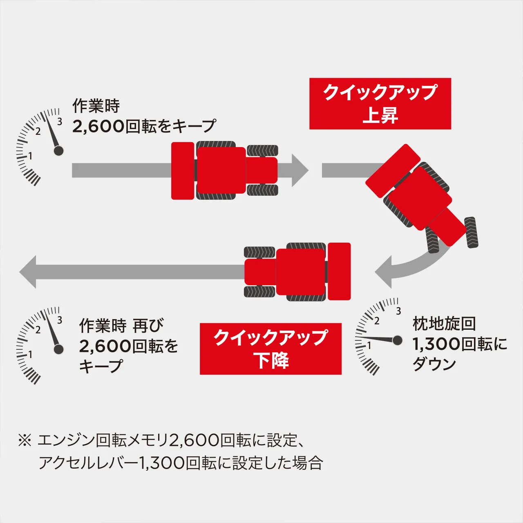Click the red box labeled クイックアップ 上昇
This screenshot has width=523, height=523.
pyautogui.click(x=380, y=104)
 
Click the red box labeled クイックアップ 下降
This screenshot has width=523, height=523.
pyautogui.click(x=270, y=349)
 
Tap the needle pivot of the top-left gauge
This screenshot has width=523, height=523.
pyautogui.click(x=59, y=151)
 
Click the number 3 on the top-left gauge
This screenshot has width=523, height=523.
pyautogui.click(x=60, y=121)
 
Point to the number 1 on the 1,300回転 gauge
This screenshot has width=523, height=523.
pyautogui.click(x=369, y=345)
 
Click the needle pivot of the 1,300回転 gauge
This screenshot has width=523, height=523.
pyautogui.click(x=397, y=340)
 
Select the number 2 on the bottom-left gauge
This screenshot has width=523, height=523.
pyautogui.click(x=38, y=330)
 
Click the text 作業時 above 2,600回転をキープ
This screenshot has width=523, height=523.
pyautogui.click(x=96, y=106)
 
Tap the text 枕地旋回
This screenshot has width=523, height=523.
pyautogui.click(x=444, y=324)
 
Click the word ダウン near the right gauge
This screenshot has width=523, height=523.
pyautogui.click(x=434, y=364)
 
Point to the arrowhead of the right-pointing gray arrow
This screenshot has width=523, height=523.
pyautogui.click(x=300, y=170)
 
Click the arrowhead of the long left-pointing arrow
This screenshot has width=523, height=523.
pyautogui.click(x=29, y=272)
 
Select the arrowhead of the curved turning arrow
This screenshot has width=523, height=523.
pyautogui.click(x=384, y=272)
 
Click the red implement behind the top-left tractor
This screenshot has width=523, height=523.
pyautogui.click(x=182, y=171)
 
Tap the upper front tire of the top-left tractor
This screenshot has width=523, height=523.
pyautogui.click(x=262, y=150)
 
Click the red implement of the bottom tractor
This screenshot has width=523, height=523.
pyautogui.click(x=339, y=271)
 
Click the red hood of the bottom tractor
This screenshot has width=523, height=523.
pyautogui.click(x=260, y=272)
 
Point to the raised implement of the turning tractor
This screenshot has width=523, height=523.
pyautogui.click(x=393, y=171)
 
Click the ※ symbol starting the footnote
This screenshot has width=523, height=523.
pyautogui.click(x=25, y=440)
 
